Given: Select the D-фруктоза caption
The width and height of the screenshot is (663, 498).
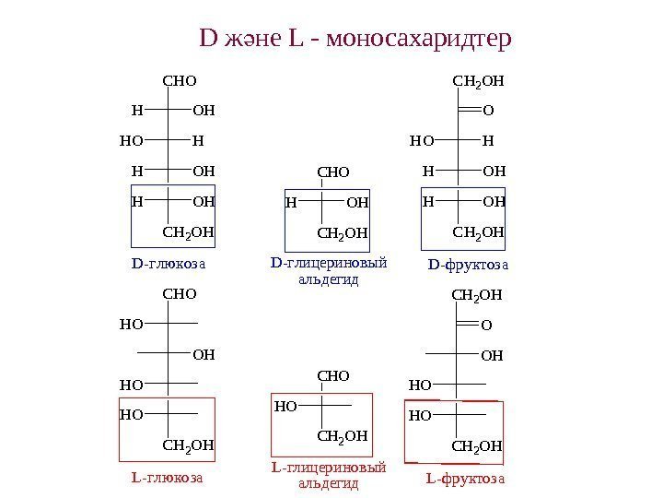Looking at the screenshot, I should coord(468,267).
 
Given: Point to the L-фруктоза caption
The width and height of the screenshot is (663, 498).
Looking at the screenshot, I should coord(466,479).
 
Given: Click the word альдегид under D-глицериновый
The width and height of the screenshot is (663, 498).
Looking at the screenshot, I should coord(329,280).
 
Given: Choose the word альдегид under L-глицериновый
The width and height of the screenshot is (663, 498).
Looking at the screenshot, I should coord(329,483).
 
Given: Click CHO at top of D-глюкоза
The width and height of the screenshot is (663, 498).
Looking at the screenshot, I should coord(180,81).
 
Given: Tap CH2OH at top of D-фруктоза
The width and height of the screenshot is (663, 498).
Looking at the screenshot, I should coord(479,81).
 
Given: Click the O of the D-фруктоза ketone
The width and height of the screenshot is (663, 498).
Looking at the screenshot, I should coord(488,111).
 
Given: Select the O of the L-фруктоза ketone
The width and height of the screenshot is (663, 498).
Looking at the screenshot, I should coord(487,325).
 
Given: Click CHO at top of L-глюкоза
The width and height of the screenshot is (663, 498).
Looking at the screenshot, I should coord(180,295).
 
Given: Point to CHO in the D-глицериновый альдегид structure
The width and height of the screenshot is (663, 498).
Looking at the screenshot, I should coord(334,172).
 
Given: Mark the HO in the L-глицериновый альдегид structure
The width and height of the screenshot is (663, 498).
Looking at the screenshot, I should coord(285,405).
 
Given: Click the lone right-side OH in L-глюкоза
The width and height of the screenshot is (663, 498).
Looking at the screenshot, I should coord(204,354).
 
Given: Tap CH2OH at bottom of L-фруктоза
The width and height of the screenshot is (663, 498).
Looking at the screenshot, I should coord(478,447).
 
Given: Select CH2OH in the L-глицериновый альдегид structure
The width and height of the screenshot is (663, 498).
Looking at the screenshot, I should coord(342,434).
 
